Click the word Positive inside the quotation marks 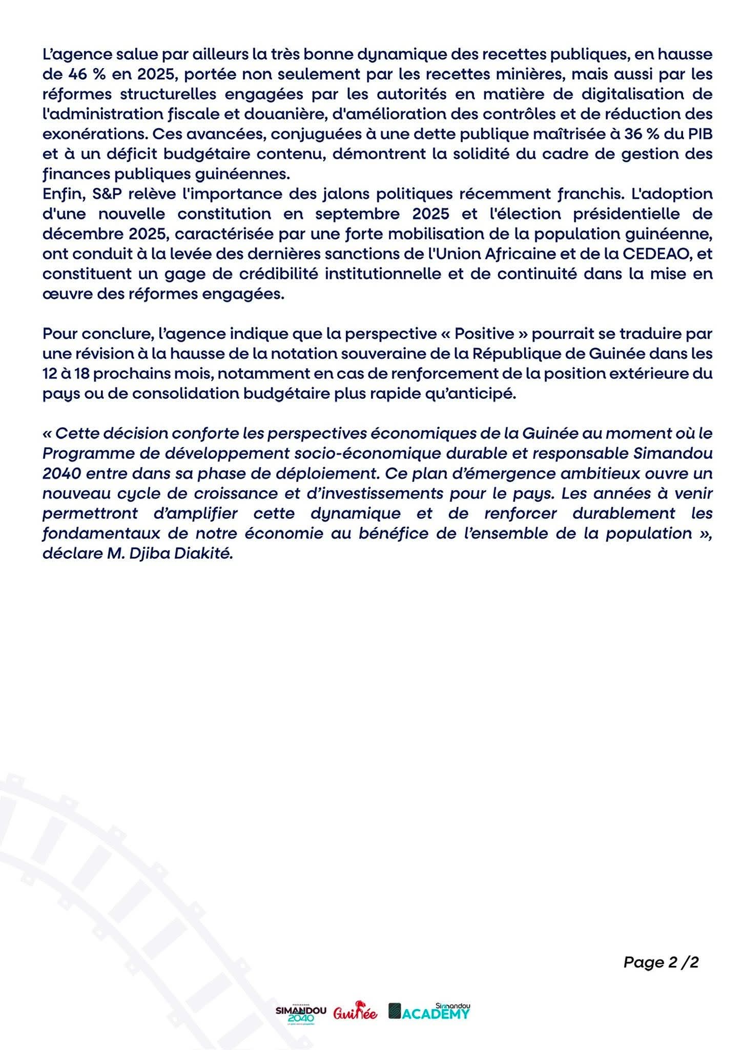[484, 334]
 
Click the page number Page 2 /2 [661, 962]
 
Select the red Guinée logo [355, 1013]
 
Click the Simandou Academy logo [429, 1012]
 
